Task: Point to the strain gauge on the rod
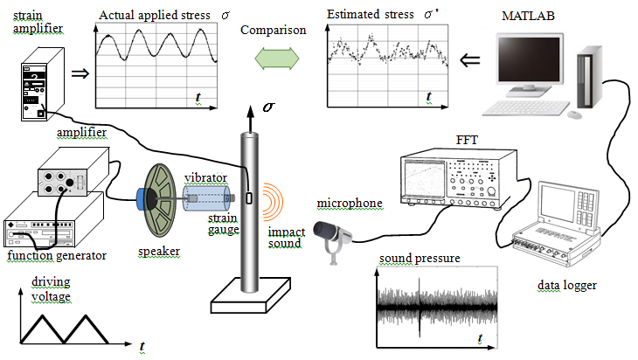click(x=249, y=199)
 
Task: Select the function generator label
click(x=57, y=256)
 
